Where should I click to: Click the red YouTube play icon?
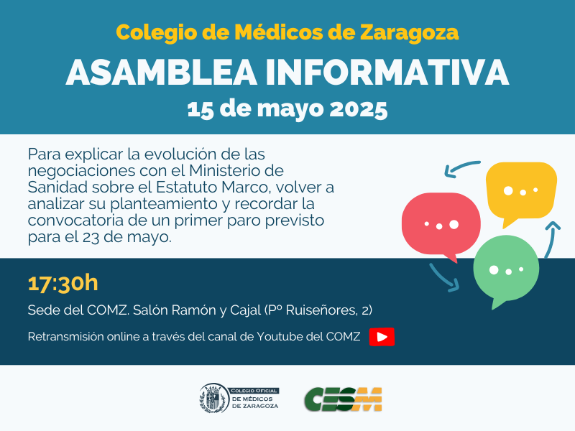pyautogui.click(x=382, y=336)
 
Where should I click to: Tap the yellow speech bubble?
pyautogui.click(x=521, y=193)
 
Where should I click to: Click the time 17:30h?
pyautogui.click(x=63, y=283)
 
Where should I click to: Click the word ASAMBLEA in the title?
pyautogui.click(x=161, y=73)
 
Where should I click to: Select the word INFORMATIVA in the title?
pyautogui.click(x=387, y=73)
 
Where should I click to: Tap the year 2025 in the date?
pyautogui.click(x=359, y=109)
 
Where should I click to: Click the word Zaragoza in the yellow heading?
pyautogui.click(x=409, y=32)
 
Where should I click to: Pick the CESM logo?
pyautogui.click(x=343, y=399)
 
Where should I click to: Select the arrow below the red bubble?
pyautogui.click(x=444, y=278)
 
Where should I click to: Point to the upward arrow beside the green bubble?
pyautogui.click(x=551, y=240)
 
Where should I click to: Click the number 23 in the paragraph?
pyautogui.click(x=91, y=237)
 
